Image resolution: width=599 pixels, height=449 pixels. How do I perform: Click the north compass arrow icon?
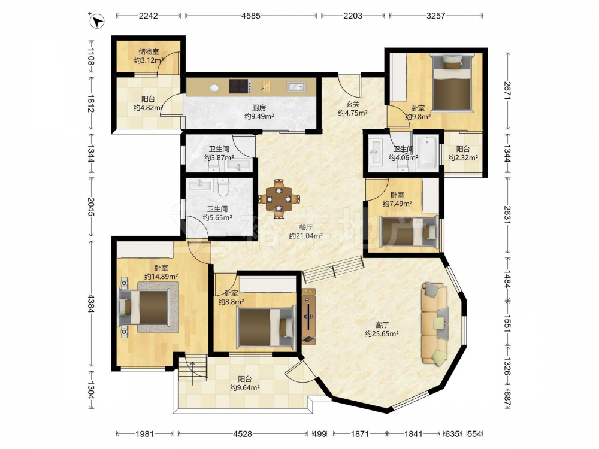pos(97,20)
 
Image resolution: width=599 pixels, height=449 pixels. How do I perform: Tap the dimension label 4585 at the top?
pos(250,16)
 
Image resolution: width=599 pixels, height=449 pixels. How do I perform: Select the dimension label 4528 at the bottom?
pos(243,433)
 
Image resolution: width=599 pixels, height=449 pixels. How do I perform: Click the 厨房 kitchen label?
pos(259,108)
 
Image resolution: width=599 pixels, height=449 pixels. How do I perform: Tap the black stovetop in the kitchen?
pos(240,86)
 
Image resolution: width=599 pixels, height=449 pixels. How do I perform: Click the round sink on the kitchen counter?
pos(214,88)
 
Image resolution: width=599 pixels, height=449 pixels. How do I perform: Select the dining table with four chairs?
pos(279,199)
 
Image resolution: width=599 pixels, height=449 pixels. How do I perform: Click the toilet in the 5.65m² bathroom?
pos(222,187)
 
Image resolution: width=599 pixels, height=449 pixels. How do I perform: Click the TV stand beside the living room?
pos(308,317)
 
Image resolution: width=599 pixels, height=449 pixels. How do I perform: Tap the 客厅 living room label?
pos(382,325)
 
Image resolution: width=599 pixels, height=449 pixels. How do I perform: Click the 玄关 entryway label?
pos(353,104)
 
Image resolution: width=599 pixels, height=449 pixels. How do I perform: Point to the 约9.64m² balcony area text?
pos(245,388)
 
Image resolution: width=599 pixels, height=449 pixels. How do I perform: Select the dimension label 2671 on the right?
pos(507,91)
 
